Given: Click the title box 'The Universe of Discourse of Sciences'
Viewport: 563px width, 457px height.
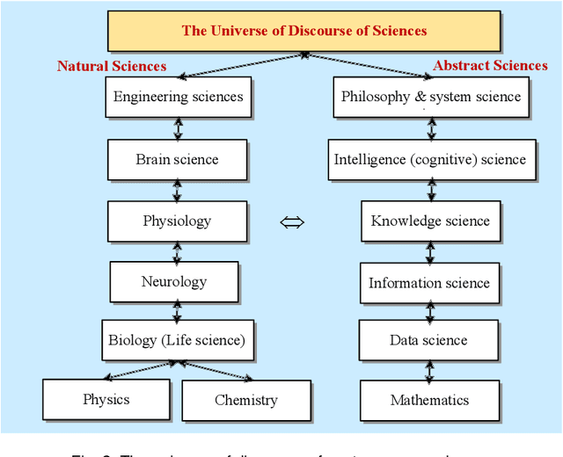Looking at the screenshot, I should (304, 31).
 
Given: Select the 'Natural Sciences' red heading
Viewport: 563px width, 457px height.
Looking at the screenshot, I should (112, 66).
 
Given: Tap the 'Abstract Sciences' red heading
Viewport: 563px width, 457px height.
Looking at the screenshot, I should (490, 65).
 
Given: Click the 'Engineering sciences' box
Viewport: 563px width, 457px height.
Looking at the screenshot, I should (178, 97).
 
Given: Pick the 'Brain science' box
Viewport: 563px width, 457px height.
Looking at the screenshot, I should (177, 160).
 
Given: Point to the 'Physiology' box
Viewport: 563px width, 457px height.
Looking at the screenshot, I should (177, 221).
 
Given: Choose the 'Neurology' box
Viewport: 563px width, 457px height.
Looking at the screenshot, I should (173, 282).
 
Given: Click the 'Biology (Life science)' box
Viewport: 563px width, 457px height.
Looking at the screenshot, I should (176, 340).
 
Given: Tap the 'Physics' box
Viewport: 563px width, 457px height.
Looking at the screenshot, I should (106, 400).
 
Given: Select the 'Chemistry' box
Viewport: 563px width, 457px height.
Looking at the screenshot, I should (245, 401).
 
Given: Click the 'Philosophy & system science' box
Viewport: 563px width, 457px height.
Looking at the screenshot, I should (430, 97).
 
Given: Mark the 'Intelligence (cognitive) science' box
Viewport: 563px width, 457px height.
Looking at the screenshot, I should (430, 160).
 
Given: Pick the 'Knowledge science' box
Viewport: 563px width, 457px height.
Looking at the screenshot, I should (430, 221).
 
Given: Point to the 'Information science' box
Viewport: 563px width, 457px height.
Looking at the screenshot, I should (430, 283).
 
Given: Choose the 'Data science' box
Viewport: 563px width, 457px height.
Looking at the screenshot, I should (429, 340).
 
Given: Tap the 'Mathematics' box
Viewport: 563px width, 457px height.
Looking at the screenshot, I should (429, 401).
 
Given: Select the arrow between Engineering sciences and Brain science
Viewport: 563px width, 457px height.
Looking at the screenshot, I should (178, 128).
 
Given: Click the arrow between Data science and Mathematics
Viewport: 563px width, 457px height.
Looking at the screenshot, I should (429, 370).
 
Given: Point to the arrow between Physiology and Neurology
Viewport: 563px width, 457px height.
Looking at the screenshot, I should (177, 252).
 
